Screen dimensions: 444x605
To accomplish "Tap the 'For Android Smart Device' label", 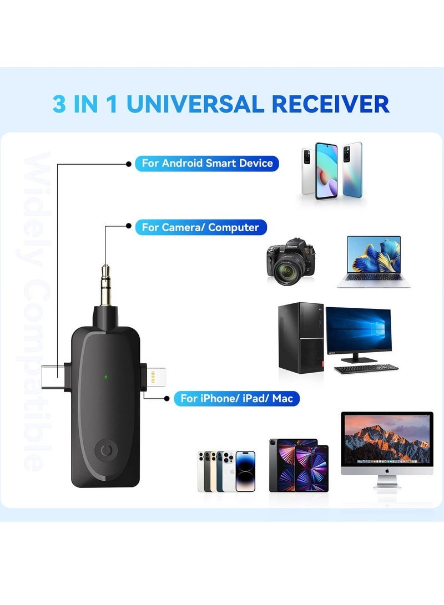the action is (x=207, y=163).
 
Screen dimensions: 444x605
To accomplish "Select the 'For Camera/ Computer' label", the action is (x=201, y=227).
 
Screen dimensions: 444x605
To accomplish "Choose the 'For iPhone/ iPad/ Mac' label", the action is (x=236, y=398).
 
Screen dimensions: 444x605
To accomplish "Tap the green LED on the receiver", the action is (x=106, y=377).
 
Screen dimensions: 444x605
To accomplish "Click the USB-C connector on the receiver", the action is (x=53, y=377).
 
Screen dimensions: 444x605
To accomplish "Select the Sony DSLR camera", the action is (x=291, y=262).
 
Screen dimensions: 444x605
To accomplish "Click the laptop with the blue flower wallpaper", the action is (x=374, y=262).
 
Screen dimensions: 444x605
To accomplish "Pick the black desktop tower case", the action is (x=301, y=338).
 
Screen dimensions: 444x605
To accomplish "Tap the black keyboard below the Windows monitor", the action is (x=366, y=368).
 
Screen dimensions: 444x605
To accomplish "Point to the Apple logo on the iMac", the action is (x=387, y=471).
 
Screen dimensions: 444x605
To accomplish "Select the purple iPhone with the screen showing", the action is (x=245, y=471).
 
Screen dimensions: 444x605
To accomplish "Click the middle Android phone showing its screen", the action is (x=326, y=171).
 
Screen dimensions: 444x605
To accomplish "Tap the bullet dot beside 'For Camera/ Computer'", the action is (x=129, y=226).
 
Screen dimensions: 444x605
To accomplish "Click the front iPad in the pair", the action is (x=311, y=469).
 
